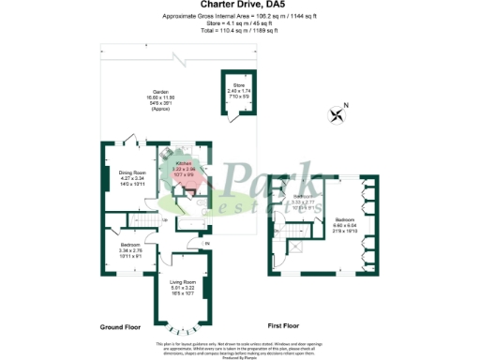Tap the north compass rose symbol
[x=337, y=115]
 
